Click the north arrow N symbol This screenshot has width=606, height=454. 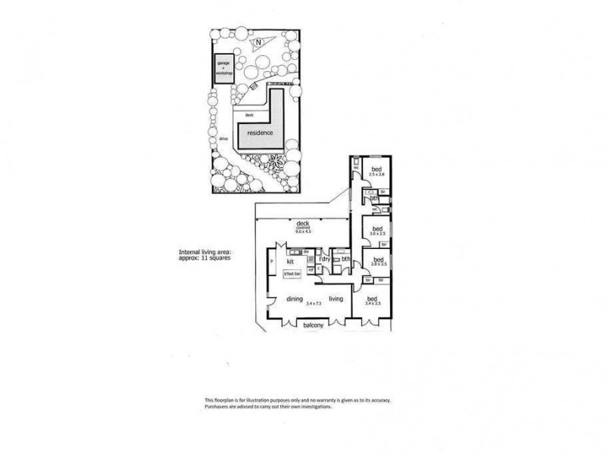tap(258, 42)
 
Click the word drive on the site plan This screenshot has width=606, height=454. tap(223, 139)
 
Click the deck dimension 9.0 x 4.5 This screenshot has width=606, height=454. tap(304, 231)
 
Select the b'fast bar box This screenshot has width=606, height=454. tap(292, 273)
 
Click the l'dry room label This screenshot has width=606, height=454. tap(325, 260)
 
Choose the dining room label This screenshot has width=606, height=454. tap(295, 298)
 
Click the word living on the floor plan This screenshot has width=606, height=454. tap(336, 298)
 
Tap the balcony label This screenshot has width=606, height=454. tap(314, 325)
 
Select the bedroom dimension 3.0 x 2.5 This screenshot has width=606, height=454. tap(376, 235)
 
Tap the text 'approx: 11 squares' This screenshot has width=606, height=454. tap(205, 258)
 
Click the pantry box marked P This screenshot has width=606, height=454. tap(270, 263)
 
